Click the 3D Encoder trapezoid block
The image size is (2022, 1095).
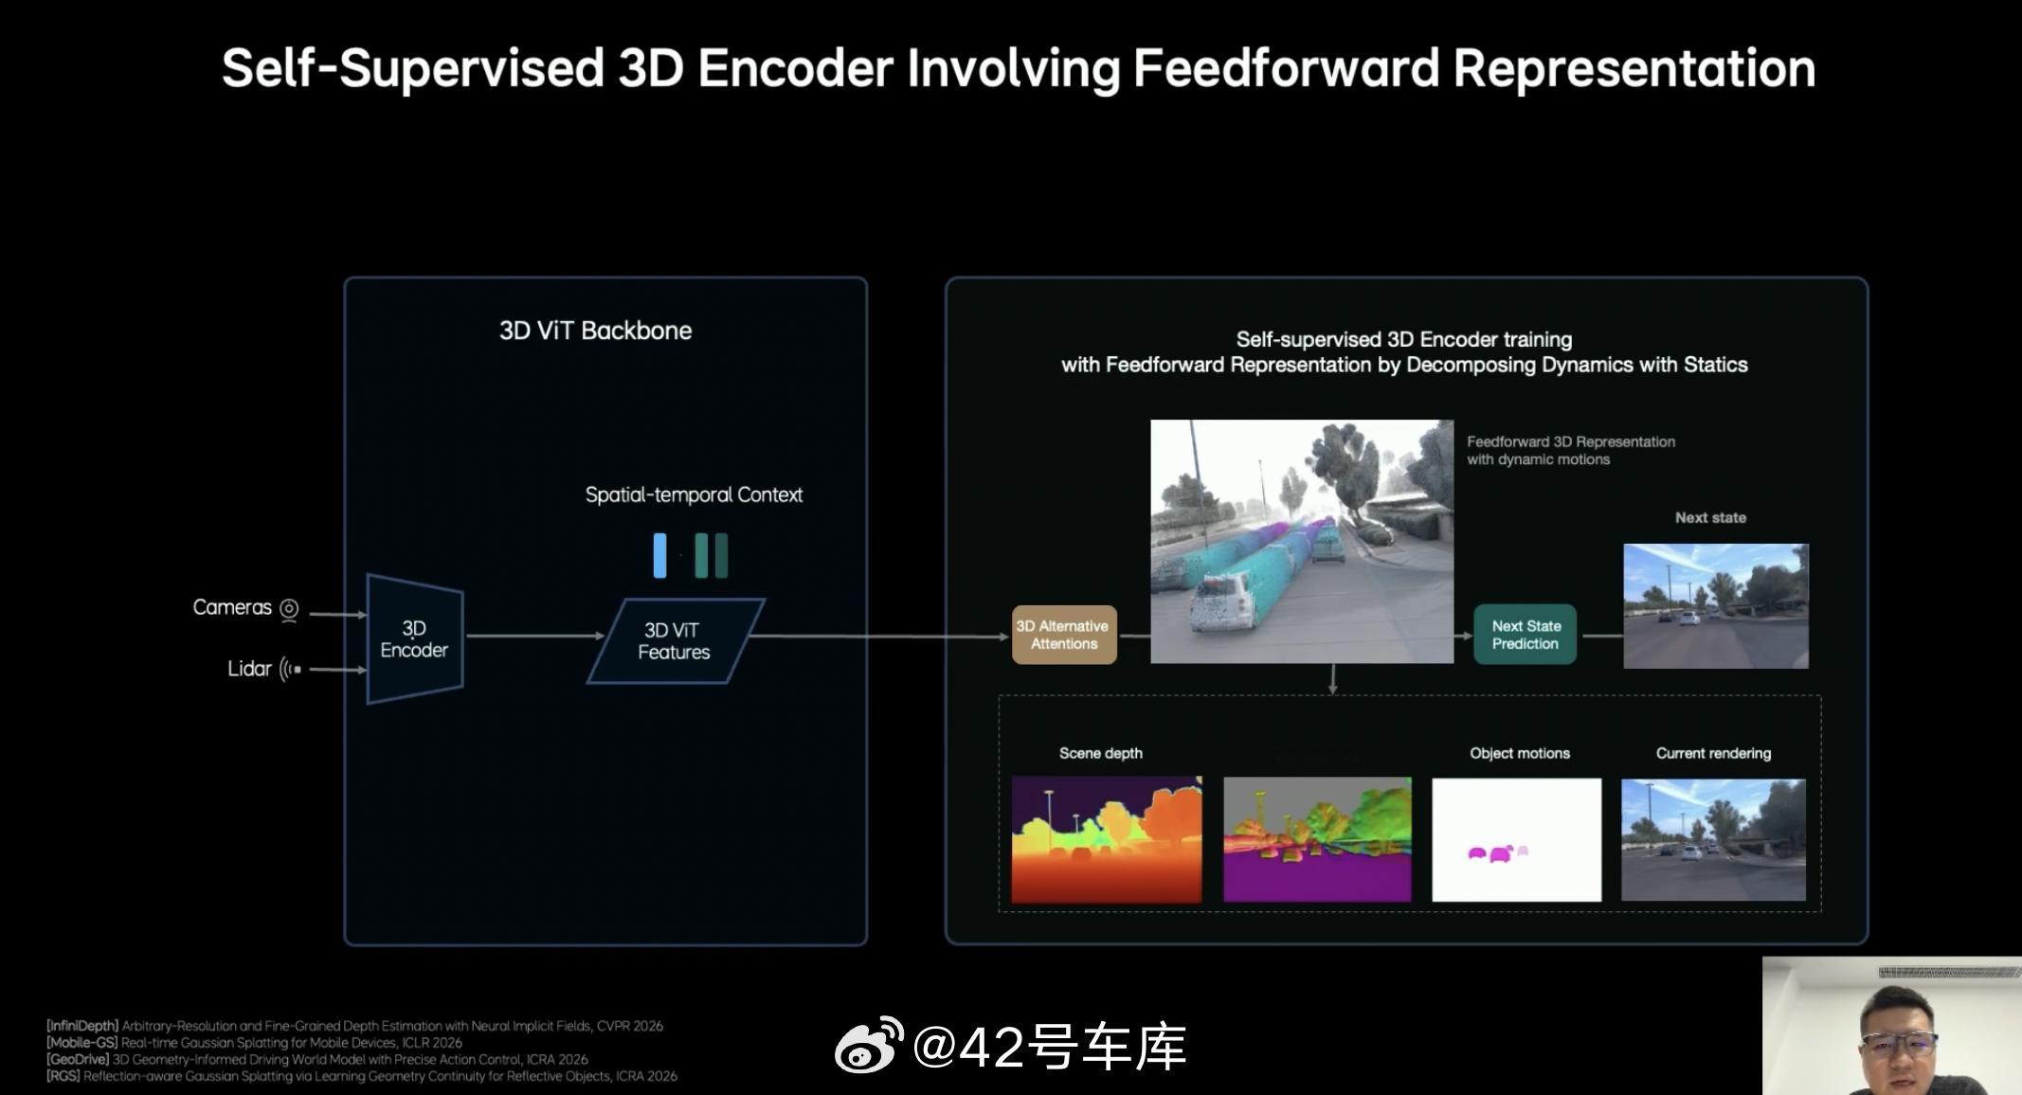(415, 639)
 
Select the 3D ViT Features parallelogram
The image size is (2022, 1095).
(676, 641)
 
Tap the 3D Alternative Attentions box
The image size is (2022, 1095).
(1064, 635)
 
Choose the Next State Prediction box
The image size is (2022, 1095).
(1525, 635)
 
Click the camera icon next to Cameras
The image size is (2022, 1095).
(290, 609)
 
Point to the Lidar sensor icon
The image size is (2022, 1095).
(291, 669)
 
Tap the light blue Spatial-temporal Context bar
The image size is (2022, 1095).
(659, 555)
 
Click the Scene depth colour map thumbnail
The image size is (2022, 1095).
(1106, 839)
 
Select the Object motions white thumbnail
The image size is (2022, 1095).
(1516, 839)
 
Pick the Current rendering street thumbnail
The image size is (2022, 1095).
(1713, 839)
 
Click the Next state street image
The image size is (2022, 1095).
(1716, 606)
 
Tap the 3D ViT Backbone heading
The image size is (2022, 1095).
(595, 331)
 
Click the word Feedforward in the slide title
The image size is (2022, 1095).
(1286, 68)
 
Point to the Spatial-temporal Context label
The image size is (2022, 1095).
(694, 494)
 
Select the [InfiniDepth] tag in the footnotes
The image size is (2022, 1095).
(82, 1026)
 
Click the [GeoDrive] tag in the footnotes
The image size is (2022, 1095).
(78, 1059)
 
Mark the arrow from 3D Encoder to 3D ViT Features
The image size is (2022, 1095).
(535, 636)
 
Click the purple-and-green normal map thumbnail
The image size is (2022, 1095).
(1317, 839)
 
